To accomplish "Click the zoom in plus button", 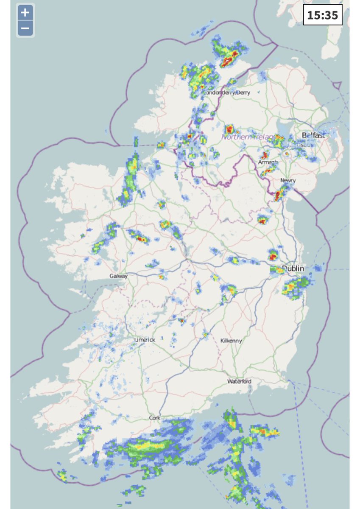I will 25,13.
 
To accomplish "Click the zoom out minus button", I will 25,29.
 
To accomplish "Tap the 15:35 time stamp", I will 322,15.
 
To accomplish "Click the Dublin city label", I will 293,268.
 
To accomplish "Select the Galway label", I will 118,276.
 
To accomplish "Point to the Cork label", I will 154,418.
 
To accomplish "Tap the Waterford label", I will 239,381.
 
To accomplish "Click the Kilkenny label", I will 231,341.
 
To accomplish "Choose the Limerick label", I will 145,340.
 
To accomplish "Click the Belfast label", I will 313,135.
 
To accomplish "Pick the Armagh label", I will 268,162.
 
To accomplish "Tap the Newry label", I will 288,181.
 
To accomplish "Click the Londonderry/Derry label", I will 227,92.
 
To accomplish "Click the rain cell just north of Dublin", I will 273,255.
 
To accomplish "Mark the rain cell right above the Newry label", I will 279,195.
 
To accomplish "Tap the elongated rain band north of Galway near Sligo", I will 131,178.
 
